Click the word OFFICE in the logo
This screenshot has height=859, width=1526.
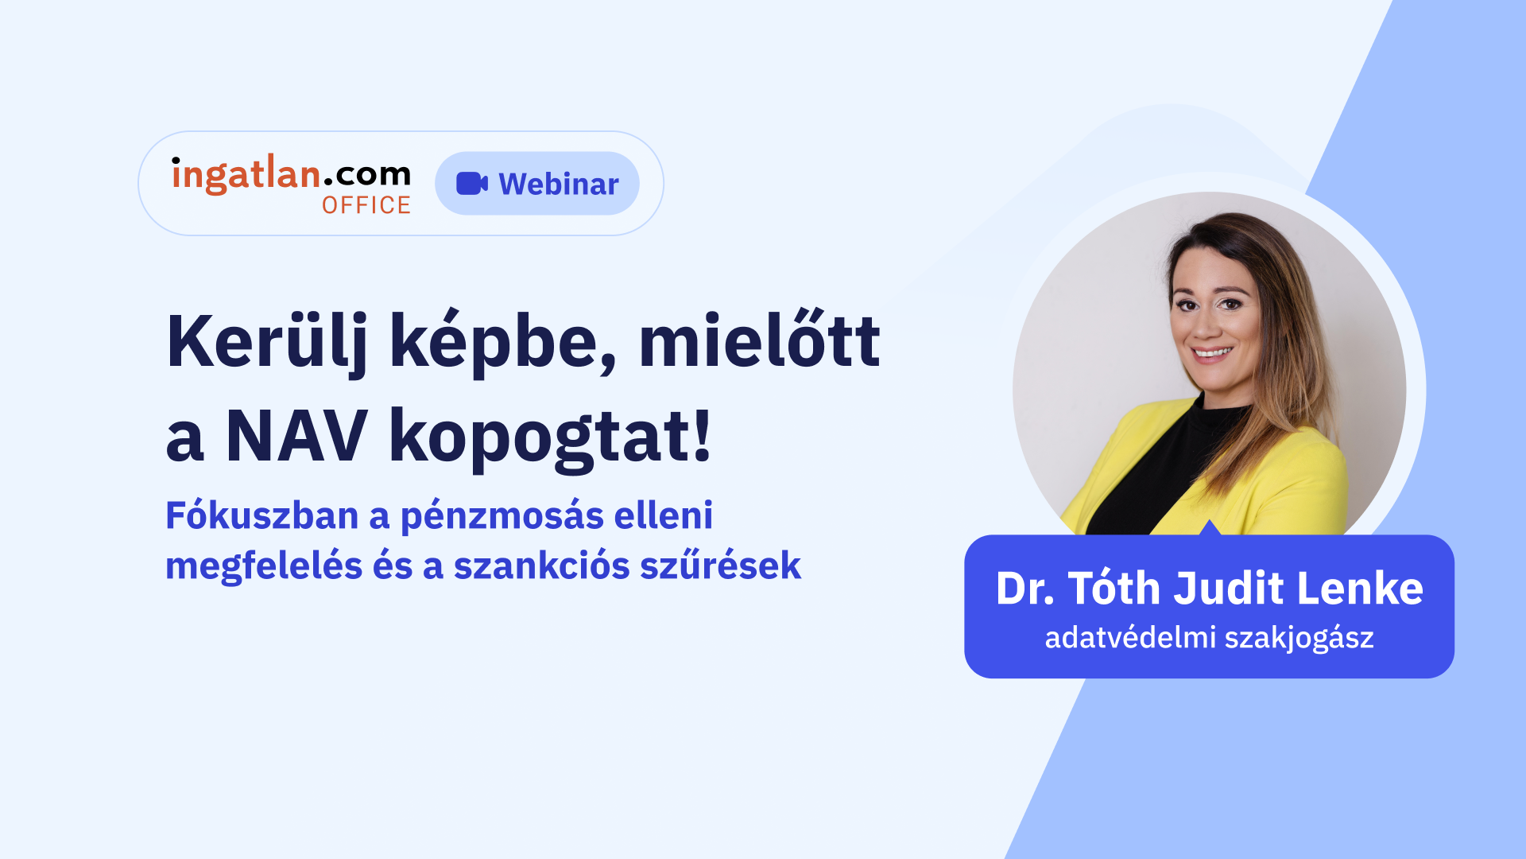[x=366, y=205]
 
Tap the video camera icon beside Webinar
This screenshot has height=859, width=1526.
[x=472, y=183]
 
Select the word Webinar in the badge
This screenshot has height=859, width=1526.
[x=559, y=184]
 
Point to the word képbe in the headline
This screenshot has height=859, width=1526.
[x=502, y=343]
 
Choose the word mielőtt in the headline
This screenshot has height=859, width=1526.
[x=759, y=340]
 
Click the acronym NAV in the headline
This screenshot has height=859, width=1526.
[x=296, y=436]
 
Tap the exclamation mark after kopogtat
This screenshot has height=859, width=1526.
[x=702, y=434]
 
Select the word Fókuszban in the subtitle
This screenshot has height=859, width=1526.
[x=261, y=515]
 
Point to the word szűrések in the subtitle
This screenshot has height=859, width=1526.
[x=721, y=565]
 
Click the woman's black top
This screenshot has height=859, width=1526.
[x=1152, y=477]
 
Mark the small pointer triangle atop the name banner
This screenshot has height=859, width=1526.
[x=1210, y=528]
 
